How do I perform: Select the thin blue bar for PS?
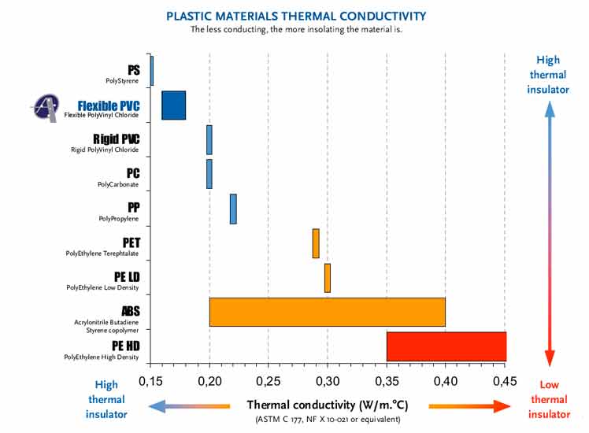click(151, 70)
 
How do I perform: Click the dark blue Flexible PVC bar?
click(173, 105)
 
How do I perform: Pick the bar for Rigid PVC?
click(209, 139)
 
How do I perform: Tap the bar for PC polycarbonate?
click(209, 174)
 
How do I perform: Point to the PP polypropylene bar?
click(233, 209)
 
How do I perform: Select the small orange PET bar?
click(316, 243)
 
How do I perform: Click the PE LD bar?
click(328, 278)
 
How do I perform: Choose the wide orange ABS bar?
click(327, 312)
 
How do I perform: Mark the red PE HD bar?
click(446, 346)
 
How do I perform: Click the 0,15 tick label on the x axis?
click(150, 382)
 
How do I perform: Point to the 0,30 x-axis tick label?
click(328, 382)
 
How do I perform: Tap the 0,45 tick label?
click(505, 382)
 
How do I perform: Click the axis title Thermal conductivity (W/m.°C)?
click(328, 405)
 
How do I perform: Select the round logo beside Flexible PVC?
click(47, 107)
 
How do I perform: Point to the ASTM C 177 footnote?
click(328, 420)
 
